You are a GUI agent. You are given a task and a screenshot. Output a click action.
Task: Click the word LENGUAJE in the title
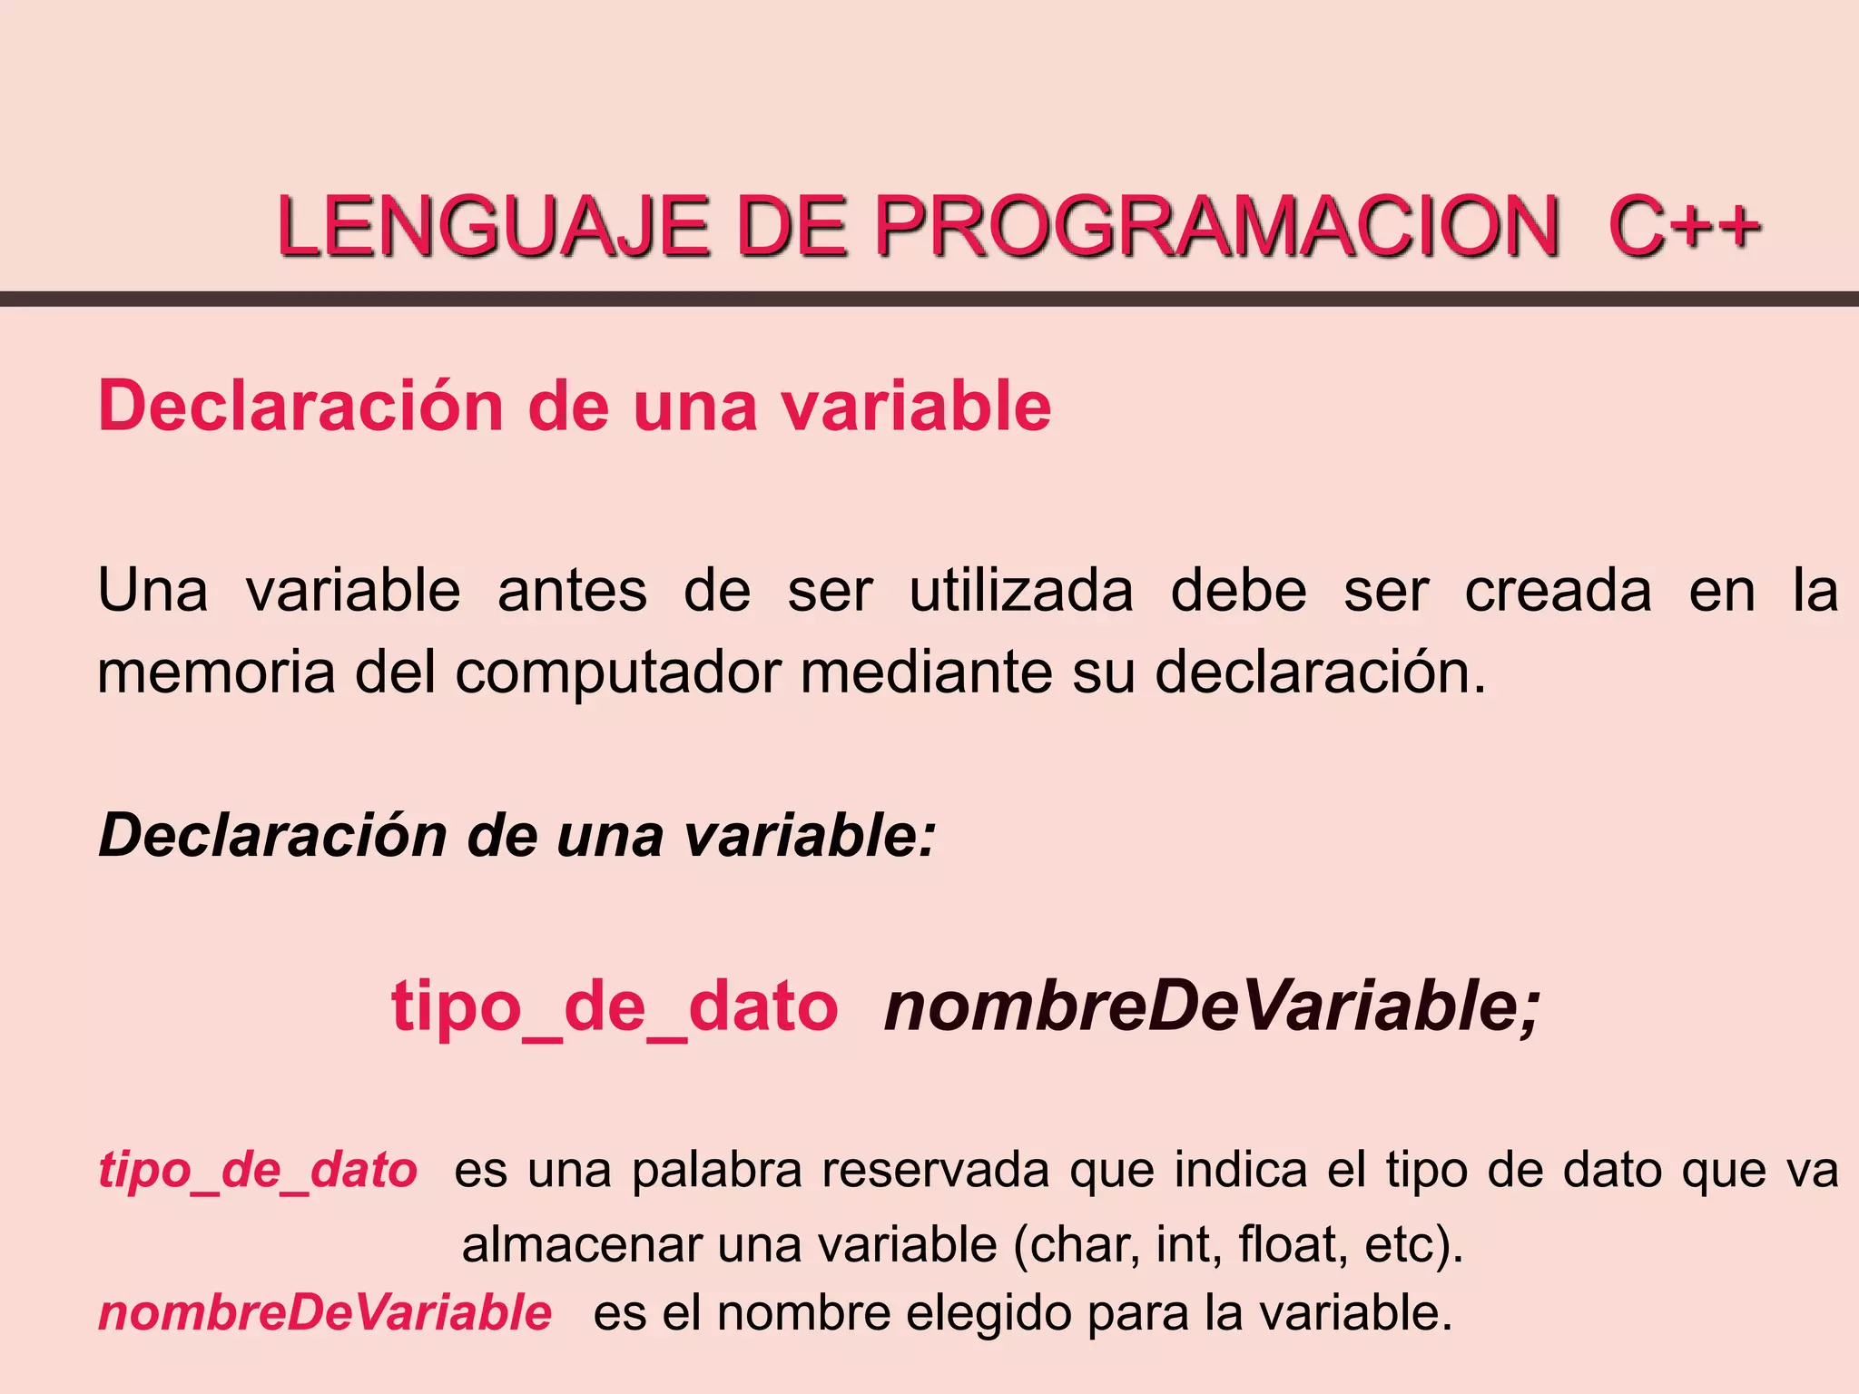point(493,226)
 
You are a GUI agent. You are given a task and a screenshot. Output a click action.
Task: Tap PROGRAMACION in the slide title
point(1216,226)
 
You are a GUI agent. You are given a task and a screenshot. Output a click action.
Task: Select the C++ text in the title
point(1684,226)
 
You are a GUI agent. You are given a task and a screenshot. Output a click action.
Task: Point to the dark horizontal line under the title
point(929,299)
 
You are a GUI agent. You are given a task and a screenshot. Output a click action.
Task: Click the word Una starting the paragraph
point(152,591)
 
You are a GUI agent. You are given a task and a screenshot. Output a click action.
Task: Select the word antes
point(572,591)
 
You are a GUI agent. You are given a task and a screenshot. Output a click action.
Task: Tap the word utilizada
point(1021,591)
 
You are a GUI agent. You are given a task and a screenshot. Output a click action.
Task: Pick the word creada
point(1558,591)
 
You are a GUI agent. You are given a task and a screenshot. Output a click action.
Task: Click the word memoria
point(216,672)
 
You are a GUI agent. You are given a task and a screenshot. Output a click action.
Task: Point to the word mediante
point(926,672)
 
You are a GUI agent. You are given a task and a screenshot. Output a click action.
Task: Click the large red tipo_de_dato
point(615,1007)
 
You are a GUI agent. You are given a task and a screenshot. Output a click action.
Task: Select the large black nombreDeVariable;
point(1213,1007)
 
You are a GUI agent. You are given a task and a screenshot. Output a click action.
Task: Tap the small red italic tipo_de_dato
point(258,1171)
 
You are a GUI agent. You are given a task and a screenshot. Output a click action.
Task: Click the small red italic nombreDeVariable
point(325,1313)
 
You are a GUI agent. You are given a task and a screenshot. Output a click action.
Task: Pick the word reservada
point(936,1170)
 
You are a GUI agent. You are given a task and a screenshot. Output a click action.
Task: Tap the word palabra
point(717,1171)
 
